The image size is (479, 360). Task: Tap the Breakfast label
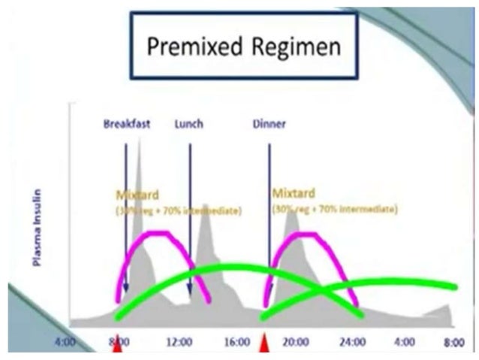point(128,123)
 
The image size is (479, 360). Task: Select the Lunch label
point(188,123)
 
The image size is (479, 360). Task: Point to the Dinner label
point(269,123)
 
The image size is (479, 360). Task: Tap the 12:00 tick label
point(179,343)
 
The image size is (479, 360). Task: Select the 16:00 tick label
point(237,343)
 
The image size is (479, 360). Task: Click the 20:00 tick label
point(296,343)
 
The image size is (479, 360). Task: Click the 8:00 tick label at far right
point(453,343)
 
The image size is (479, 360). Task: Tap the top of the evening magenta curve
point(303,234)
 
